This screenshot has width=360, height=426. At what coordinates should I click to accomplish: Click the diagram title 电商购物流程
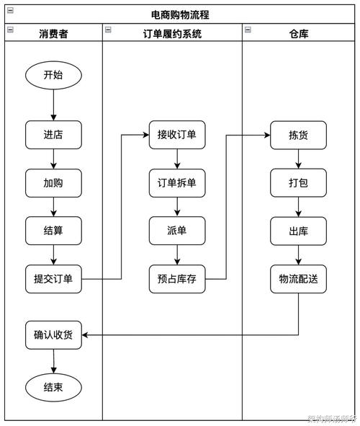[x=181, y=14]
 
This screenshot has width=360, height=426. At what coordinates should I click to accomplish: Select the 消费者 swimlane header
[x=53, y=33]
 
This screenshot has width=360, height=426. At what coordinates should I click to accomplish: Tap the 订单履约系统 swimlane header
[x=172, y=33]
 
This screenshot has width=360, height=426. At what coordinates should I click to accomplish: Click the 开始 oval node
[x=53, y=75]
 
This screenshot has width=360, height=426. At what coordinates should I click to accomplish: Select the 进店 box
[x=53, y=135]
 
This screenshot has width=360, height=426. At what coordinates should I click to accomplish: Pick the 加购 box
[x=53, y=183]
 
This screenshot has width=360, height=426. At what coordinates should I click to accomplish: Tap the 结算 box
[x=53, y=231]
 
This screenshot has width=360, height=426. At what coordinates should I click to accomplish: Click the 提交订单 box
[x=53, y=279]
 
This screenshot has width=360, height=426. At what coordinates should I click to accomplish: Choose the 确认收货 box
[x=53, y=334]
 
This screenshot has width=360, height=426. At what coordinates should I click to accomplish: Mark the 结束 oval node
[x=53, y=388]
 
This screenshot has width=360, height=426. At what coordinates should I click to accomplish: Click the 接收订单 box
[x=177, y=135]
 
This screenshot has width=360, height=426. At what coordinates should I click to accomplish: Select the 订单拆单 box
[x=177, y=183]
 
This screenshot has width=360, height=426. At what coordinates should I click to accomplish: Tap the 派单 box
[x=177, y=231]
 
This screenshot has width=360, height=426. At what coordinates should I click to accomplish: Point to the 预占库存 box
[x=177, y=279]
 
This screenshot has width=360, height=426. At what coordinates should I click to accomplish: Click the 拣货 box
[x=298, y=135]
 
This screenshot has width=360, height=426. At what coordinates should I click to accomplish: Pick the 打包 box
[x=298, y=183]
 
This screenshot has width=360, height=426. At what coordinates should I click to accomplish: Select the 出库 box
[x=298, y=231]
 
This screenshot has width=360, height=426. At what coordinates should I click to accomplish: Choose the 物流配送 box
[x=298, y=279]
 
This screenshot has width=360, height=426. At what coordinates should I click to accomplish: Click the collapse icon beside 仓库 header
[x=248, y=30]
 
